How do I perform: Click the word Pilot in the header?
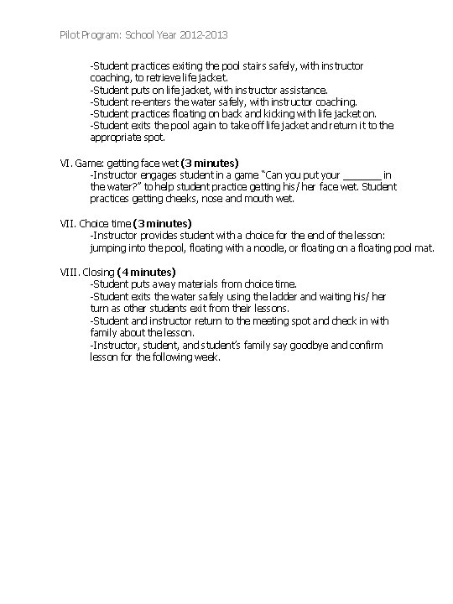click(x=72, y=36)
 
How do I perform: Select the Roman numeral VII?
click(x=68, y=223)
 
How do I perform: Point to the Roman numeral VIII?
click(x=70, y=273)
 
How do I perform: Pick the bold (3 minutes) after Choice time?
click(x=163, y=223)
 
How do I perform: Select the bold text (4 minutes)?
click(x=147, y=273)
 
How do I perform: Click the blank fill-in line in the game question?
click(x=362, y=175)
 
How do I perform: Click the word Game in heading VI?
click(x=89, y=162)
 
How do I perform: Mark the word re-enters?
click(x=148, y=102)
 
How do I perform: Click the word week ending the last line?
click(x=206, y=357)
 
